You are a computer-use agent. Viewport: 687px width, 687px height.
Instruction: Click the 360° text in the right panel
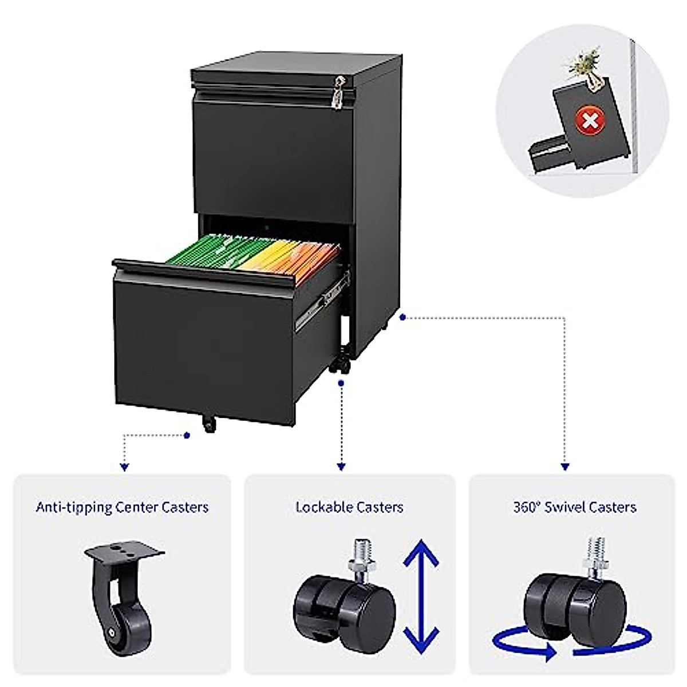(x=526, y=507)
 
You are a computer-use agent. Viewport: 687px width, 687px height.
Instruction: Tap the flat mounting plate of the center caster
(x=125, y=555)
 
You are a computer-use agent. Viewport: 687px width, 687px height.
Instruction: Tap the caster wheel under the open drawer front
(x=208, y=424)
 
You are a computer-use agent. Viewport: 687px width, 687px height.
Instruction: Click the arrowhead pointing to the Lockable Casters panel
(x=342, y=467)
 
